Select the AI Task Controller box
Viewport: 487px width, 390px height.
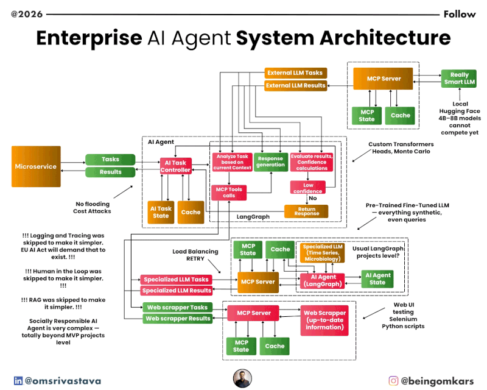pyautogui.click(x=176, y=166)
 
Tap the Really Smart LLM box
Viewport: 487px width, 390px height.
pyautogui.click(x=460, y=78)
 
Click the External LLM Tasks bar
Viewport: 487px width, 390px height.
pyautogui.click(x=295, y=73)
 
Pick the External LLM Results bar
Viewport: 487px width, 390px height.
pyautogui.click(x=295, y=86)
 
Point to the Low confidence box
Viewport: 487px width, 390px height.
pyautogui.click(x=308, y=188)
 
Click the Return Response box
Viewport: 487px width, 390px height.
pyautogui.click(x=306, y=211)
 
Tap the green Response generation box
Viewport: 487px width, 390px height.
pyautogui.click(x=270, y=161)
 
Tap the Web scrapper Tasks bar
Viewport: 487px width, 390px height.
pyautogui.click(x=177, y=307)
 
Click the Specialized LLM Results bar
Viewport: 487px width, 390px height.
pyautogui.click(x=177, y=291)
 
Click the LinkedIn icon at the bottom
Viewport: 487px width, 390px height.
pyautogui.click(x=18, y=381)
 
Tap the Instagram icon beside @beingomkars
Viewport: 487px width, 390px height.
pyautogui.click(x=394, y=381)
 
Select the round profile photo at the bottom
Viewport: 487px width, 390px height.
pyautogui.click(x=242, y=378)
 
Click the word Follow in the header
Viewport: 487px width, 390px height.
pyautogui.click(x=460, y=14)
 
